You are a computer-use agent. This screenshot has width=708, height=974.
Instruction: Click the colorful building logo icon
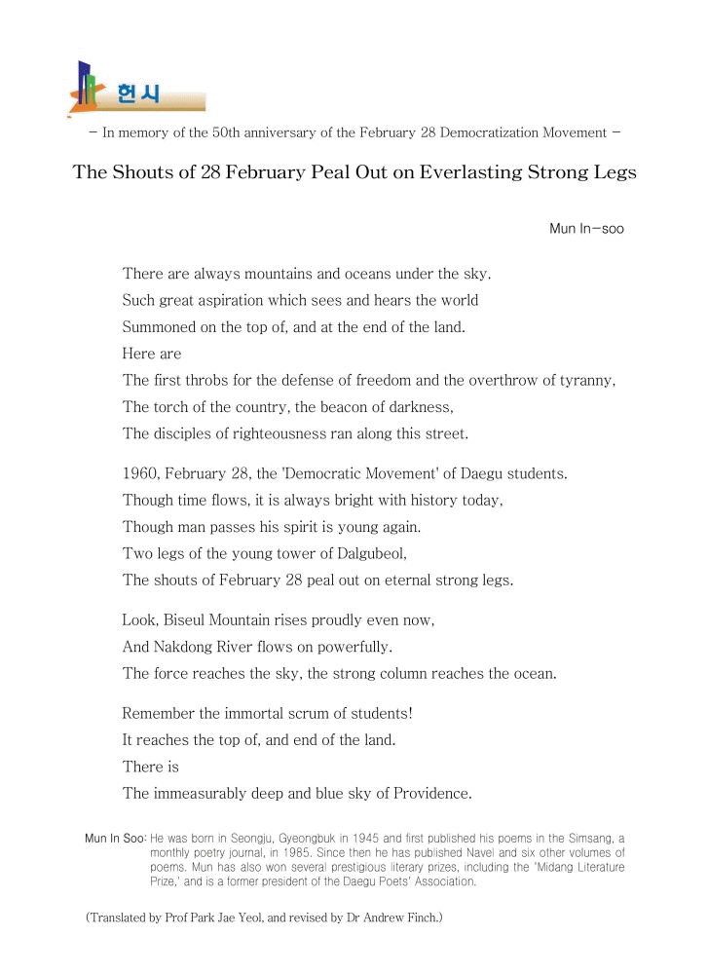coord(87,87)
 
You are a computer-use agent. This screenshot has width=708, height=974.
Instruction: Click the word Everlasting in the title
coord(444,172)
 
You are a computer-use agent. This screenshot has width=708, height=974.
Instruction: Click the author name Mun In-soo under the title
coord(586,229)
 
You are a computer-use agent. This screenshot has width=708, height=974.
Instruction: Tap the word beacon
coord(337,406)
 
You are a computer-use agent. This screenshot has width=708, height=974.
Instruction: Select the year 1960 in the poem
coord(139,474)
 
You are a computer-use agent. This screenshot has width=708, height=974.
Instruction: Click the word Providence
coord(431,793)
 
